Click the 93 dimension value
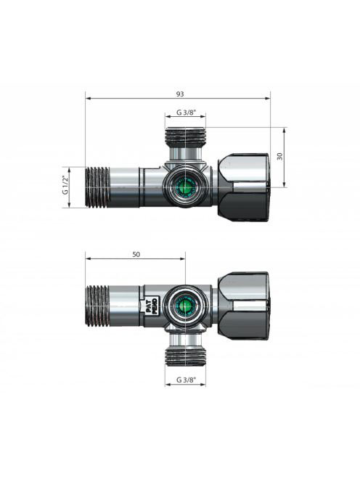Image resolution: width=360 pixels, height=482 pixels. point(180,94)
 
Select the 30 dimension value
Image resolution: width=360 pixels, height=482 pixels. point(279,157)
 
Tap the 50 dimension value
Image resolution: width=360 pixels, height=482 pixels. point(136,254)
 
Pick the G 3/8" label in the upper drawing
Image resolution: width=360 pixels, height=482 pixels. point(186,113)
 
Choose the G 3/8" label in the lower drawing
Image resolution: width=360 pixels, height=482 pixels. point(186,380)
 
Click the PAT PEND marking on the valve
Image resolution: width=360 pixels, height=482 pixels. point(152,306)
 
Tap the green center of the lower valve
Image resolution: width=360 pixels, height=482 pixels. point(185,306)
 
